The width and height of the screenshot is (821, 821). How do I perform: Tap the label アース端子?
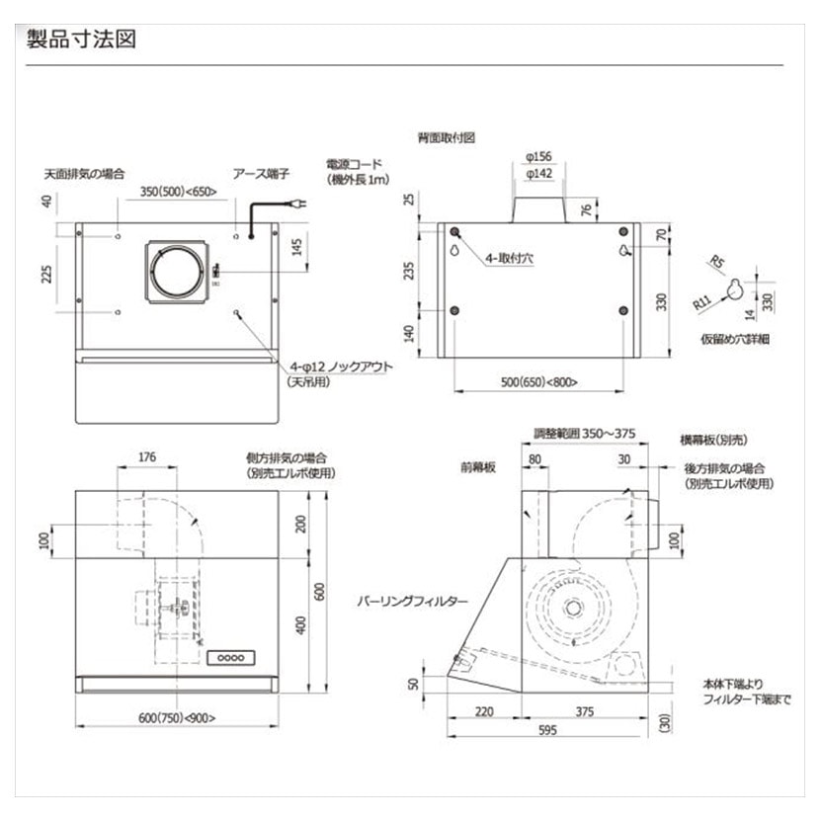coord(260,173)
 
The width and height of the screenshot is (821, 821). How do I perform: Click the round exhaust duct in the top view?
coord(179,271)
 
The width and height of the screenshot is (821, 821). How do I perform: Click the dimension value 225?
coord(46,272)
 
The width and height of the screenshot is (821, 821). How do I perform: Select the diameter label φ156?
coord(538,154)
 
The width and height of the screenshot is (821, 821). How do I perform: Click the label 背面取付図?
coord(446,138)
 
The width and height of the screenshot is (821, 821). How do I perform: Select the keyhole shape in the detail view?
coord(732,287)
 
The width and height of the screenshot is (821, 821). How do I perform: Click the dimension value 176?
coord(148,457)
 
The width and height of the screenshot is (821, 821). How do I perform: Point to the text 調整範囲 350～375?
coord(584,434)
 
